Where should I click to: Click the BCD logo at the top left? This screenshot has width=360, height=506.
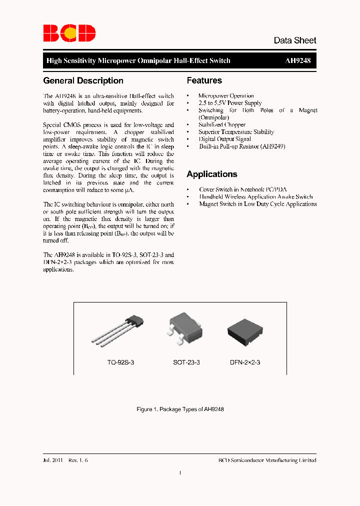[68, 33]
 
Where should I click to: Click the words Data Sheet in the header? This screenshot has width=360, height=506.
[294, 40]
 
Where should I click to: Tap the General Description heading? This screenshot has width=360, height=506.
[83, 80]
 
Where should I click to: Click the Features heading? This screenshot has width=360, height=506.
[204, 80]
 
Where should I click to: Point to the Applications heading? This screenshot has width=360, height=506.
[211, 174]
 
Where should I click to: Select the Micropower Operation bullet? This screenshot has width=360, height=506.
[226, 95]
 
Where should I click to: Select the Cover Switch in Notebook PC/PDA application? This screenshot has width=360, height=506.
[243, 189]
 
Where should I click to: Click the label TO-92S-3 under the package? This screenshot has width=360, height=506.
[120, 362]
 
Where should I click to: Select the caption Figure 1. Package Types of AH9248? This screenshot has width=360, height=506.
[180, 409]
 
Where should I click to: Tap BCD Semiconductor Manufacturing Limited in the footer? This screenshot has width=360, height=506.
[267, 460]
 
